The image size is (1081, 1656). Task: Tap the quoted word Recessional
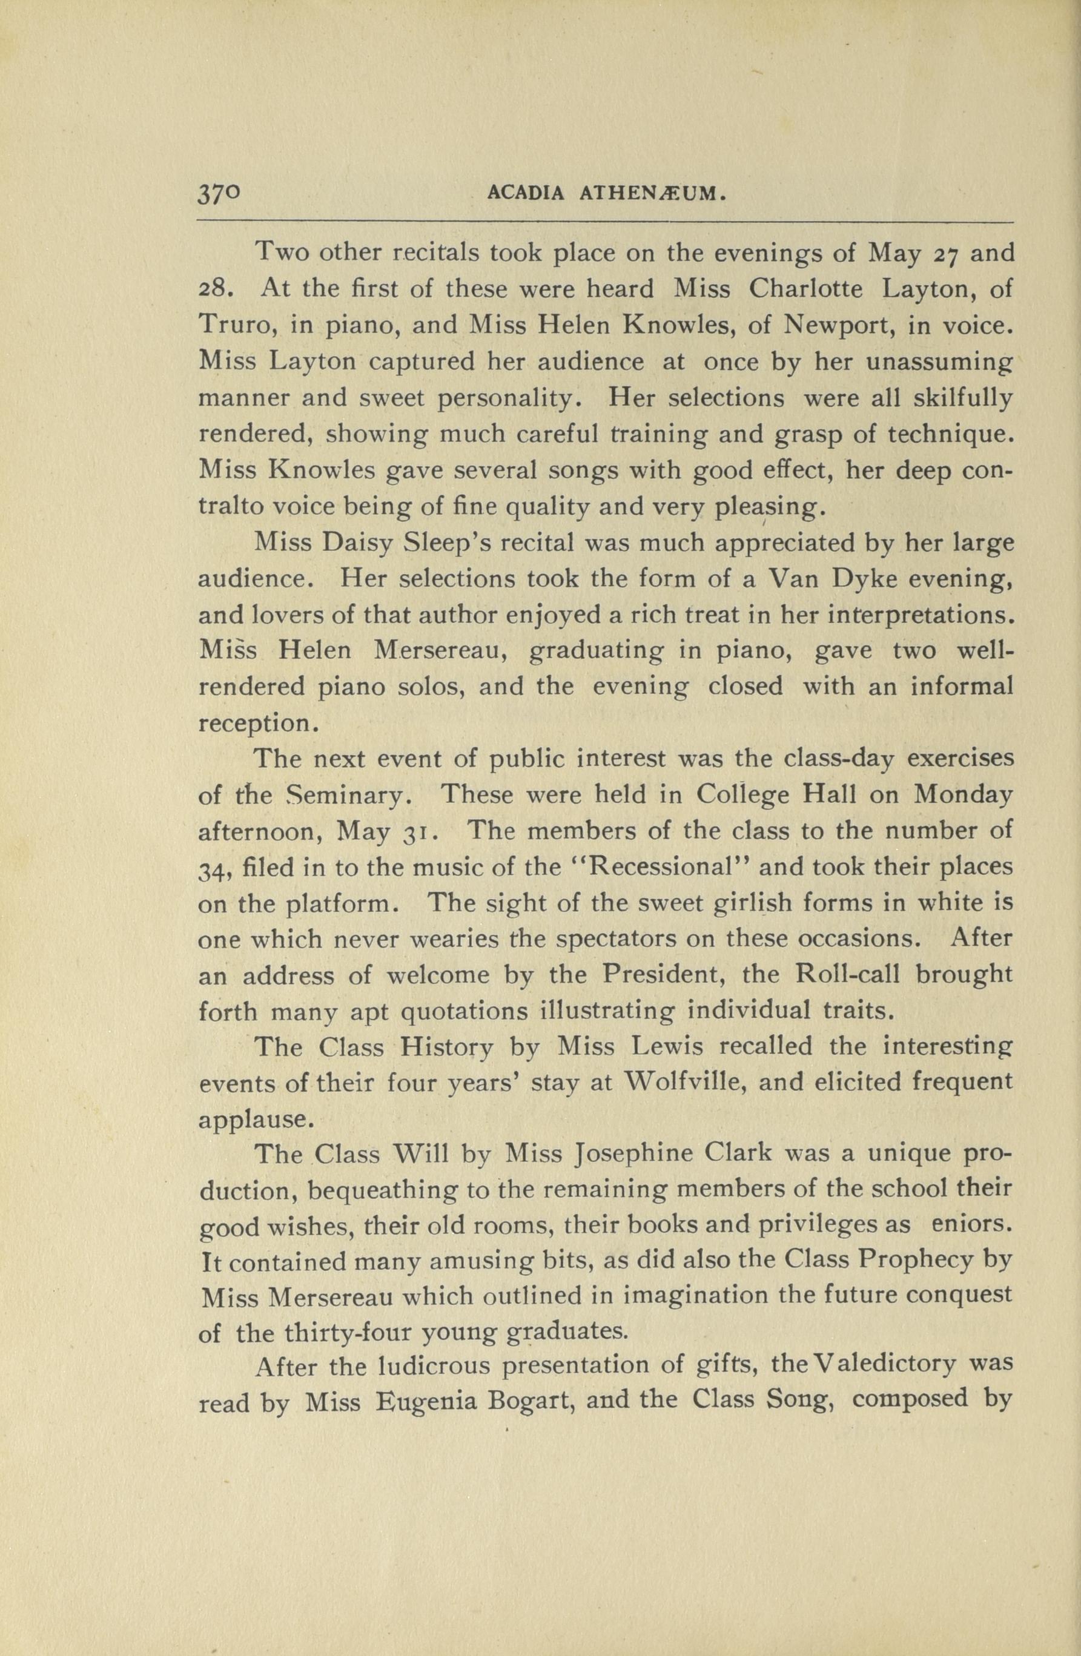coord(655,868)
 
